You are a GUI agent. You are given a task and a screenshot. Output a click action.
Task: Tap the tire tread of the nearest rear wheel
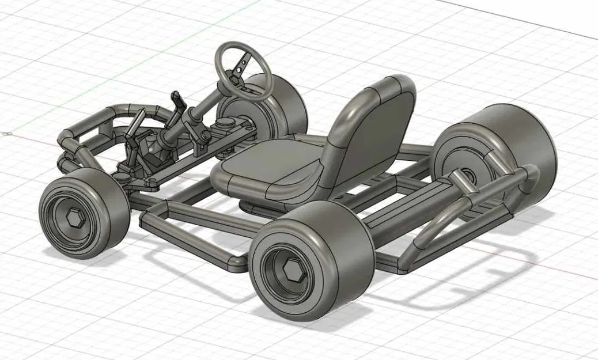(346, 253)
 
